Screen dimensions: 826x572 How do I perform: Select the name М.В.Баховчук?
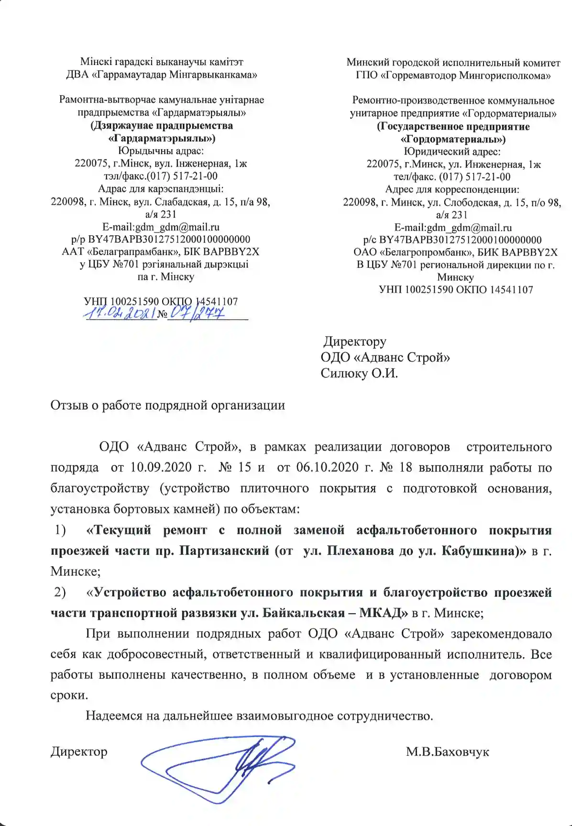coord(447,752)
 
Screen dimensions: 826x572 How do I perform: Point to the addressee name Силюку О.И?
coord(359,373)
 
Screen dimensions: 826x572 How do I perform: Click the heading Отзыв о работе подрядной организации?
coord(167,406)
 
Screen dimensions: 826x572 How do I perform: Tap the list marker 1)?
coord(60,530)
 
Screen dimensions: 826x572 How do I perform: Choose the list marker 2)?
coord(60,592)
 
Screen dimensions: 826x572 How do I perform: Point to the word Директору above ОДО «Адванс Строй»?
coord(355,341)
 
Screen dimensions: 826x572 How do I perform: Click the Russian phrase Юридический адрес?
coord(452,152)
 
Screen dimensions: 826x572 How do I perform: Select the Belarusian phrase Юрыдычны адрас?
coord(161,151)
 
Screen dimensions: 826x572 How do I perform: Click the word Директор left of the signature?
coord(79,752)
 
